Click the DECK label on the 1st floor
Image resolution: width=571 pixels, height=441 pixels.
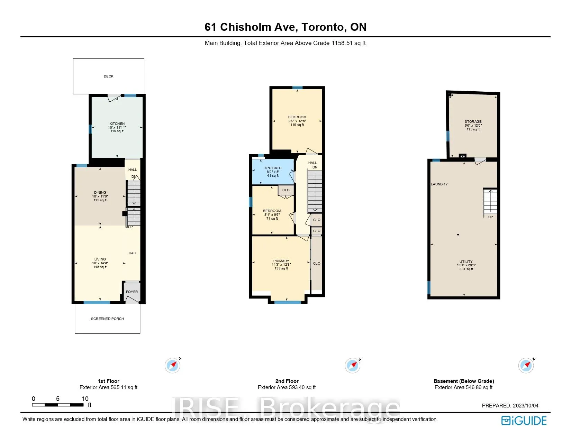point(109,76)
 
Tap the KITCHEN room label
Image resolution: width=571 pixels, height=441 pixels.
point(117,124)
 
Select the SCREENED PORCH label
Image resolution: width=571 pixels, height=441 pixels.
point(108,319)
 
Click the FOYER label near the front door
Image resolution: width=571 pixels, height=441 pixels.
point(132,292)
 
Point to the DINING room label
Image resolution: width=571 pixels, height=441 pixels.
point(100,193)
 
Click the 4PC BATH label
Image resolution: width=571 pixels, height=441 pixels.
point(273,168)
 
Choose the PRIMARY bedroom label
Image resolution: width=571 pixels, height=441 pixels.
point(281,261)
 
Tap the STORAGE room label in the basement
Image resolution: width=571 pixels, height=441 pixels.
point(473,122)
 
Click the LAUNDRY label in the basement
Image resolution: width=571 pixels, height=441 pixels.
point(439,184)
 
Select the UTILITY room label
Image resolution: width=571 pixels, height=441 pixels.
point(466,261)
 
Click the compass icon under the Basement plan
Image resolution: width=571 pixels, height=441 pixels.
point(526,365)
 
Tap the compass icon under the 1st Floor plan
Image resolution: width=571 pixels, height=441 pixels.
point(173,365)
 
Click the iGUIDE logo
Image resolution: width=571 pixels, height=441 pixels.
point(524,421)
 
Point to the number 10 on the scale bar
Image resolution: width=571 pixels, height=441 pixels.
point(85,399)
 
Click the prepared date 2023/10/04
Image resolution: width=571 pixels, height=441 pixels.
point(525,405)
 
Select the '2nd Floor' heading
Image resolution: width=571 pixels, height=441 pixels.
point(287,381)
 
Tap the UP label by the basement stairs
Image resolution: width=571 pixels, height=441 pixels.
point(490,217)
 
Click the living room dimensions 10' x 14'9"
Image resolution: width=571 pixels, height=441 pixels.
point(100,263)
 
